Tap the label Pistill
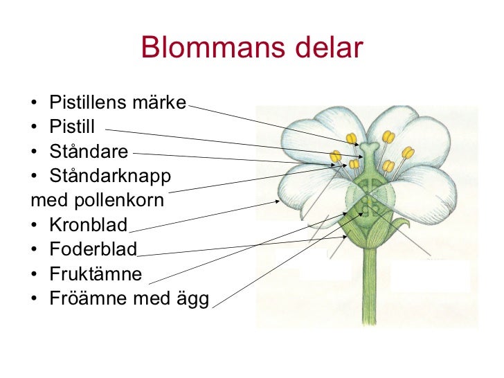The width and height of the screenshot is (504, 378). pyautogui.click(x=72, y=127)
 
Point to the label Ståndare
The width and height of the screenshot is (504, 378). pyautogui.click(x=89, y=152)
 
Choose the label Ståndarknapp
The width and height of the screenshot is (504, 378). pyautogui.click(x=109, y=176)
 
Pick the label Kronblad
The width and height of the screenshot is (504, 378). pyautogui.click(x=89, y=225)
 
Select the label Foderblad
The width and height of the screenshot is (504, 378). pyautogui.click(x=93, y=249)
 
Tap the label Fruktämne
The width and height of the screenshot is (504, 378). pyautogui.click(x=96, y=274)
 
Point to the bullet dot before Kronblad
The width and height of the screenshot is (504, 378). pyautogui.click(x=34, y=226)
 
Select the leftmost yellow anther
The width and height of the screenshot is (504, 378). pyautogui.click(x=336, y=157)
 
